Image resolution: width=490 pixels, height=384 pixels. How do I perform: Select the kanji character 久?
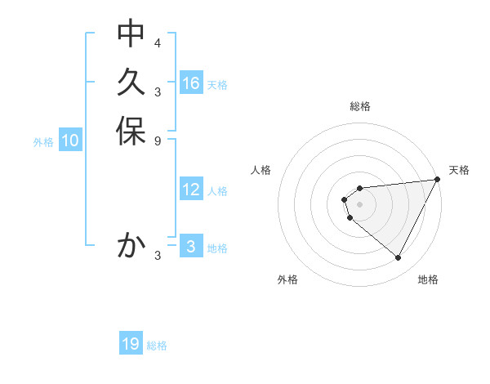coord(131,83)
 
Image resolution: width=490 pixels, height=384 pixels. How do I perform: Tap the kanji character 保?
coord(131,132)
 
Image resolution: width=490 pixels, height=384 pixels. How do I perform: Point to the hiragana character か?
coord(131,245)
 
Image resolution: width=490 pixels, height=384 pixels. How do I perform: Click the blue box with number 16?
coord(191,83)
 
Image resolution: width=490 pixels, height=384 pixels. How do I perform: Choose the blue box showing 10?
coord(70,141)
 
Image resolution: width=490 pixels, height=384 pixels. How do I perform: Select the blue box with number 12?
coord(191,190)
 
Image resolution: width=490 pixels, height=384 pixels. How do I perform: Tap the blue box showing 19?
coord(131,345)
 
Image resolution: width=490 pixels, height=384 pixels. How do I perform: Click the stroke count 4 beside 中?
coord(158,42)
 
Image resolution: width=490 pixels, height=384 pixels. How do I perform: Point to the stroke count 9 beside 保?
coord(158,141)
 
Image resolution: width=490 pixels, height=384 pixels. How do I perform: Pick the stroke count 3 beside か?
coord(158,256)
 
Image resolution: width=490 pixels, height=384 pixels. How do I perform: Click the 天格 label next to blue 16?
coord(217,84)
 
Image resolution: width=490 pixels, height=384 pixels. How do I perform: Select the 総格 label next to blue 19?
coord(157,346)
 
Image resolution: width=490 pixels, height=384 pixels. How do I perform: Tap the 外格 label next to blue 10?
coord(43,141)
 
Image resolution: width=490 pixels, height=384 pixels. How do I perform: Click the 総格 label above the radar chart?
coord(360,106)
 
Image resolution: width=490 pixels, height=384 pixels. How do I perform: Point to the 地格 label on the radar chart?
coord(428,279)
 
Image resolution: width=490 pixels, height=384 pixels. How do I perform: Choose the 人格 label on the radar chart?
coord(261,170)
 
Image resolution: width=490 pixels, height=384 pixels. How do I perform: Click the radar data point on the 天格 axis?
coord(438,179)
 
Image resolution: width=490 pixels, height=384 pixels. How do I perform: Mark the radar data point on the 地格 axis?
coord(398,257)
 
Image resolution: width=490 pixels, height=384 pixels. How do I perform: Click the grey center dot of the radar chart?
coord(360,204)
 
